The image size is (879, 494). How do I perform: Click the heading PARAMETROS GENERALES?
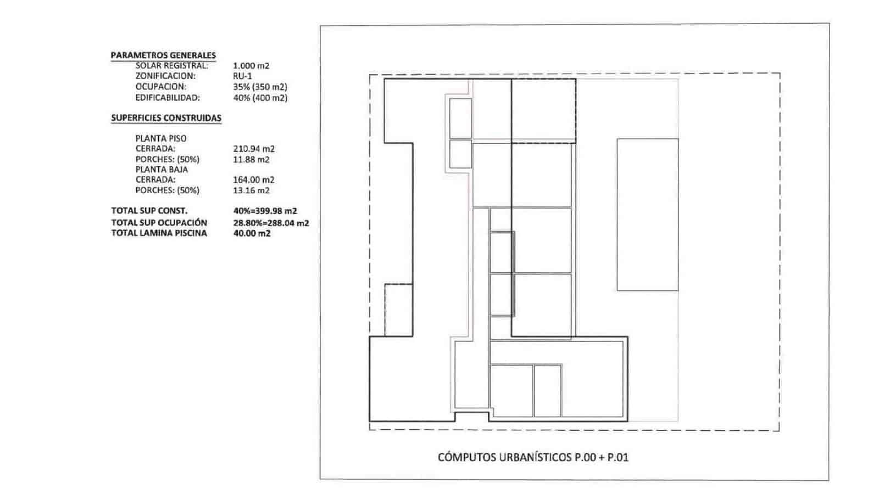163,55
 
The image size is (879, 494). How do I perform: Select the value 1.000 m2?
251,66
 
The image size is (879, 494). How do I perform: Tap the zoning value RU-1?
242,76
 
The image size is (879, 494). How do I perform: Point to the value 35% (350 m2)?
260,87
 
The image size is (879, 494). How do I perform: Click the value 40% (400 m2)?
260,98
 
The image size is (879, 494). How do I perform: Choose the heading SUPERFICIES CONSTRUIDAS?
166,118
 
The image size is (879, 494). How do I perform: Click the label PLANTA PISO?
161,138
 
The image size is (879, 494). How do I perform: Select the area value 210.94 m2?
254,149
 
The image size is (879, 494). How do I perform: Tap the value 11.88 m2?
251,160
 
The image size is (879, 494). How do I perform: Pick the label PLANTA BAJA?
162,170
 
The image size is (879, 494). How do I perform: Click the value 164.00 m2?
254,180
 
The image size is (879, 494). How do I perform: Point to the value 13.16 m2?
251,190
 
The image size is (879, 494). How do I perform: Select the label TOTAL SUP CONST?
149,211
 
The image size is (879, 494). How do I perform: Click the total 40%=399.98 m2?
265,211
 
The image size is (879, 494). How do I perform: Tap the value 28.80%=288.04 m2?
271,223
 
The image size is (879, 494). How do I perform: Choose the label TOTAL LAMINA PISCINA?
159,233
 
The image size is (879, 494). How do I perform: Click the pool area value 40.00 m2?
252,233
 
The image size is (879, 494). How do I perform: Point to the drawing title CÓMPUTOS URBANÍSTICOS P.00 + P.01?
532,457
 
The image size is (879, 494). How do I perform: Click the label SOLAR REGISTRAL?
172,66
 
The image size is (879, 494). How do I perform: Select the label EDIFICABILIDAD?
168,98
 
